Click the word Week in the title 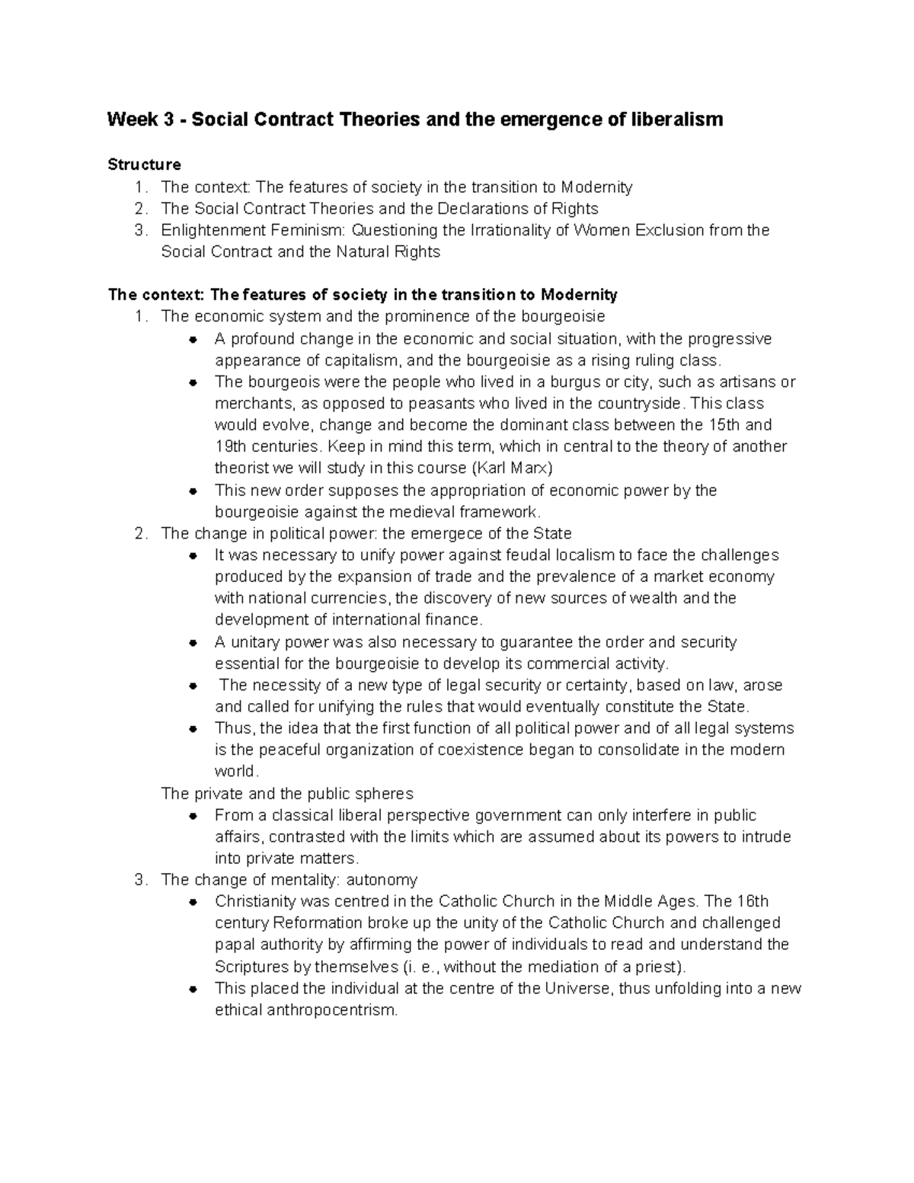coord(129,120)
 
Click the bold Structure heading coord(145,165)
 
